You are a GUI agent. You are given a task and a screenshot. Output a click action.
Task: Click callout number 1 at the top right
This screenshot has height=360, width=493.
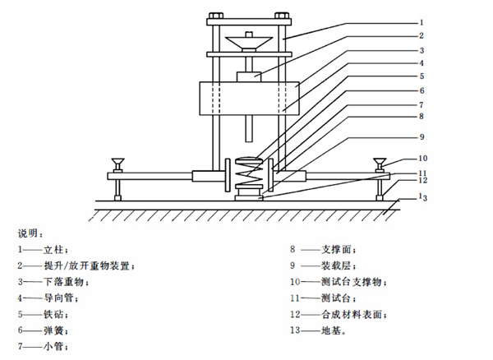(x=422, y=22)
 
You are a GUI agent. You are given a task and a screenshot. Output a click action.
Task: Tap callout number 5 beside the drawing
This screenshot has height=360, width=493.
(x=422, y=76)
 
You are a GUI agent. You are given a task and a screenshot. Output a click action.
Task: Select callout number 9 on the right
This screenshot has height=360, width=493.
(x=422, y=136)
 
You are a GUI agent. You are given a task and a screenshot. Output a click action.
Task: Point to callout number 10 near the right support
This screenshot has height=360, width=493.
(x=422, y=158)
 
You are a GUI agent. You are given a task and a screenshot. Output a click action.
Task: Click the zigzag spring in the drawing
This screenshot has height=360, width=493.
(x=249, y=176)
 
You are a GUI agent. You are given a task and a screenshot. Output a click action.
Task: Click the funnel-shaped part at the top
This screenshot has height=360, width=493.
(x=249, y=44)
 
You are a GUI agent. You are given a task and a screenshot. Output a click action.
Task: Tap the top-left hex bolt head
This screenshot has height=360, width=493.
(x=215, y=16)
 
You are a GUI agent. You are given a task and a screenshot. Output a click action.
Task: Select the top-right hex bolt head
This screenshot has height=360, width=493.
(x=282, y=16)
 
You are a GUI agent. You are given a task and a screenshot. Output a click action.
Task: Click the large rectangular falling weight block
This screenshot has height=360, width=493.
(x=249, y=99)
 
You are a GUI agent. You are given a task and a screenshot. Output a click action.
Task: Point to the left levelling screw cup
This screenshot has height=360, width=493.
(x=117, y=163)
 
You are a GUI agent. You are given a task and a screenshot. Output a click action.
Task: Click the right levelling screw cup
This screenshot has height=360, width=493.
(x=380, y=163)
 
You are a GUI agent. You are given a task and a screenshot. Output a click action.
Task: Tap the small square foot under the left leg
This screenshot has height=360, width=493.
(x=117, y=198)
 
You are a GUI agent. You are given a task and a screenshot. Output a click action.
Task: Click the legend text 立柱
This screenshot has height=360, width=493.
(x=53, y=250)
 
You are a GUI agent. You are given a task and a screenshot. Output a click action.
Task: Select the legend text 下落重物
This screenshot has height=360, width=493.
(x=64, y=282)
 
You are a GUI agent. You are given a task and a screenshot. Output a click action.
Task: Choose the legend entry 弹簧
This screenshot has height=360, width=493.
(x=53, y=330)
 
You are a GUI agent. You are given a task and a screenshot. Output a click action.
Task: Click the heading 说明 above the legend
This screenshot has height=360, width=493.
(x=28, y=233)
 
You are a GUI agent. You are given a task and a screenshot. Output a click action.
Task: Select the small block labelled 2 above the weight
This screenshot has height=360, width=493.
(x=249, y=77)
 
